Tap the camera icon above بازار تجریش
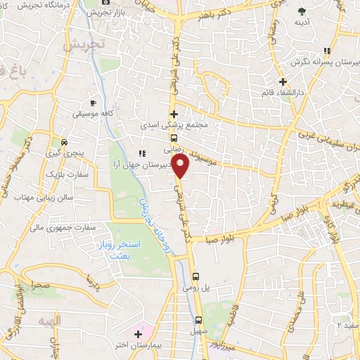[106, 2]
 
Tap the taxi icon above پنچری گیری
[65, 140]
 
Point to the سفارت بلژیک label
[63, 172]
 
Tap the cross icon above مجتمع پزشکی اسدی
[174, 114]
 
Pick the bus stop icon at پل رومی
[197, 276]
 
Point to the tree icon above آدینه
[302, 11]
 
